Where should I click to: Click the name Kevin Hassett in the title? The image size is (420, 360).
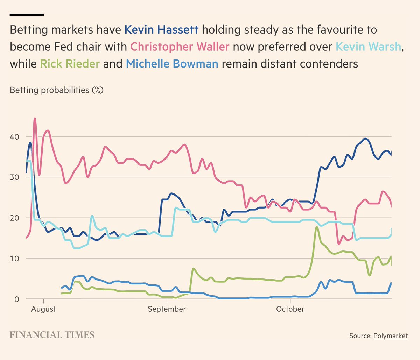pos(161,30)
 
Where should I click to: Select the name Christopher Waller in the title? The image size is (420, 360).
pos(180,47)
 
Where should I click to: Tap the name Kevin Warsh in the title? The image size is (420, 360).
pos(368,47)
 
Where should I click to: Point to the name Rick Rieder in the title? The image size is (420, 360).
pos(70,64)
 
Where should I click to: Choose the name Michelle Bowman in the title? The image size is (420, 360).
pos(172,64)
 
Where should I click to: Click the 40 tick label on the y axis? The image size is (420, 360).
pos(14,136)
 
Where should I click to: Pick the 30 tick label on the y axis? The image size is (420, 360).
pos(14,177)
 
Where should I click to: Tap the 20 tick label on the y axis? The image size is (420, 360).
pos(14,218)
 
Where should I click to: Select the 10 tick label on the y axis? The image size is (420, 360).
pos(14,258)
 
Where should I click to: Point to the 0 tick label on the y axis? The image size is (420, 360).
pos(16,299)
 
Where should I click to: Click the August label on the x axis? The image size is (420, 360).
pos(43,309)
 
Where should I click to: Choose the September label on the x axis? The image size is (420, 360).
pos(167,309)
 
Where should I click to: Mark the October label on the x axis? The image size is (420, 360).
pos(290,309)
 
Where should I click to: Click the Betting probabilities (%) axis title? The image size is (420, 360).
pos(57,90)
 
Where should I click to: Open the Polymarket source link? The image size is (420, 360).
pos(390,336)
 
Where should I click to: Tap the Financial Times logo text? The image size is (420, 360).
pos(52,335)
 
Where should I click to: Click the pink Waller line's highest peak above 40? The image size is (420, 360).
pos(35,119)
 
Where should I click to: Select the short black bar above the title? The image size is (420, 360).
pos(27,15)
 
